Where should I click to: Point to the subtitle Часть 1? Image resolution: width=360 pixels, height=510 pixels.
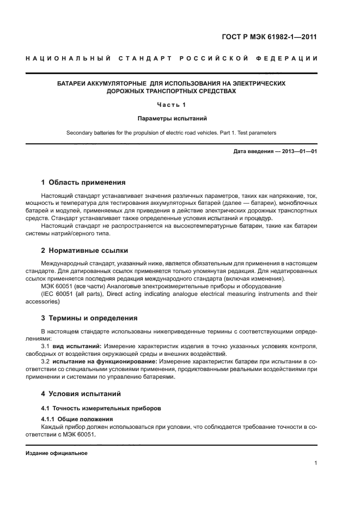(x=172, y=105)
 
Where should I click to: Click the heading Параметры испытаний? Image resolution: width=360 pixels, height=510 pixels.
(x=172, y=118)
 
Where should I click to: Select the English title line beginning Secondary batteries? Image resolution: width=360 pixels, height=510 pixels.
(x=172, y=132)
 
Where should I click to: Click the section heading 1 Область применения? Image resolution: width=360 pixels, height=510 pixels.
(x=83, y=183)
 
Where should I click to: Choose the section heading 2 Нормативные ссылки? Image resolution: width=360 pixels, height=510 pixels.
(x=85, y=251)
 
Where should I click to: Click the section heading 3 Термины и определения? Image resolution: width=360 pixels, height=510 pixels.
(x=89, y=318)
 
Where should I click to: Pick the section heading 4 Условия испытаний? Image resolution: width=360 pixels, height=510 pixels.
(x=81, y=393)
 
